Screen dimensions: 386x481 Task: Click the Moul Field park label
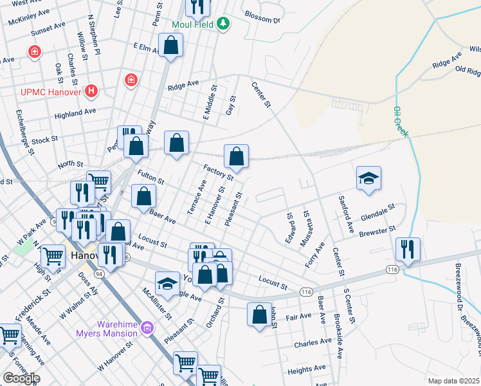(x=192, y=24)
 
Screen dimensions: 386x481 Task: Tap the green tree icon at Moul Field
(x=223, y=24)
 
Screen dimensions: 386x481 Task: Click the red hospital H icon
(x=92, y=91)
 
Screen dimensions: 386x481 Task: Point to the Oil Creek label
(x=400, y=121)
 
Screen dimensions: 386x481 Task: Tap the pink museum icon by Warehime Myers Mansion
(x=147, y=329)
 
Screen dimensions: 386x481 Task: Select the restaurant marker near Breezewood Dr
(x=408, y=248)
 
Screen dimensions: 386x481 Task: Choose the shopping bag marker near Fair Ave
(x=259, y=315)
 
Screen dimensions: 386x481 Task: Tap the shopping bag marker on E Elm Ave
(x=171, y=45)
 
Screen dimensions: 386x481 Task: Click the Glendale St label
(x=377, y=212)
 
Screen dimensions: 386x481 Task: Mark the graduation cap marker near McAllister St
(x=167, y=283)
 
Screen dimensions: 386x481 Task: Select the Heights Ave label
(x=304, y=371)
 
